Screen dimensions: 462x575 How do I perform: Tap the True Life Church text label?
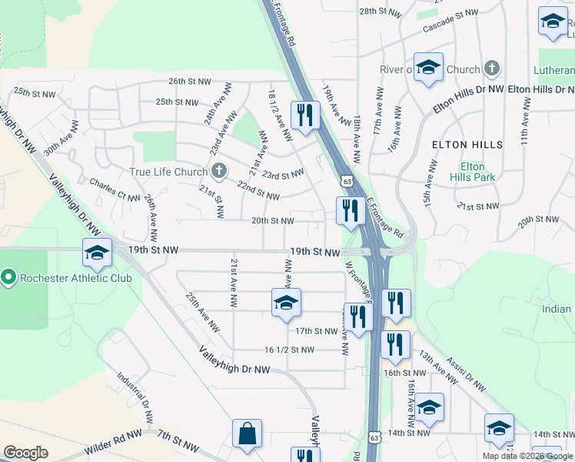click(168, 172)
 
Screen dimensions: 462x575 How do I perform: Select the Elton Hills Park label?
click(472, 172)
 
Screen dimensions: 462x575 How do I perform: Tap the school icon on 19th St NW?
click(98, 253)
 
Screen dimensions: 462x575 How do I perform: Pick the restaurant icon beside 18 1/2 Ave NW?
click(305, 115)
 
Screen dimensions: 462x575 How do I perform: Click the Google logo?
click(25, 453)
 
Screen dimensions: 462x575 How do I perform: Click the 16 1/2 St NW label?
click(289, 350)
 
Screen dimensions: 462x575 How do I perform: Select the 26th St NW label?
click(189, 81)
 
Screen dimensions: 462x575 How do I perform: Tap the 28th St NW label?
click(381, 12)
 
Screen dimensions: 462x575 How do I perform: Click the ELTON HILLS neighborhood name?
click(467, 144)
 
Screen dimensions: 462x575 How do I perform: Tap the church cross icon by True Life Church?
click(219, 171)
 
